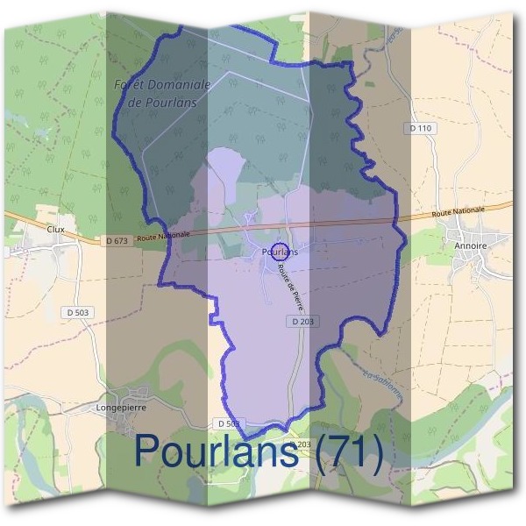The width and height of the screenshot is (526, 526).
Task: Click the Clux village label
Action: click(x=56, y=226)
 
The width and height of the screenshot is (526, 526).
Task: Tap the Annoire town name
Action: click(x=470, y=246)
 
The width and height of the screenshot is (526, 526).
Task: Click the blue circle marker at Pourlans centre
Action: click(x=280, y=252)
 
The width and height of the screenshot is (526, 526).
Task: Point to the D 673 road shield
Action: click(x=115, y=240)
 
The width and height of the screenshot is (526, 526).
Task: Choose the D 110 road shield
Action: click(x=421, y=128)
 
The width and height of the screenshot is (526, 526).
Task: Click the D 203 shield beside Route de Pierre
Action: click(x=302, y=322)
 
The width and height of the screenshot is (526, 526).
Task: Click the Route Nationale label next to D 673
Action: click(x=163, y=236)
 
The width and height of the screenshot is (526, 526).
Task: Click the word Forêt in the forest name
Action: click(x=132, y=85)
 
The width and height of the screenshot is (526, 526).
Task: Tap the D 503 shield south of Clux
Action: click(x=77, y=312)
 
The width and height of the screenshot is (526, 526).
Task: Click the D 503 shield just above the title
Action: click(x=227, y=423)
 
